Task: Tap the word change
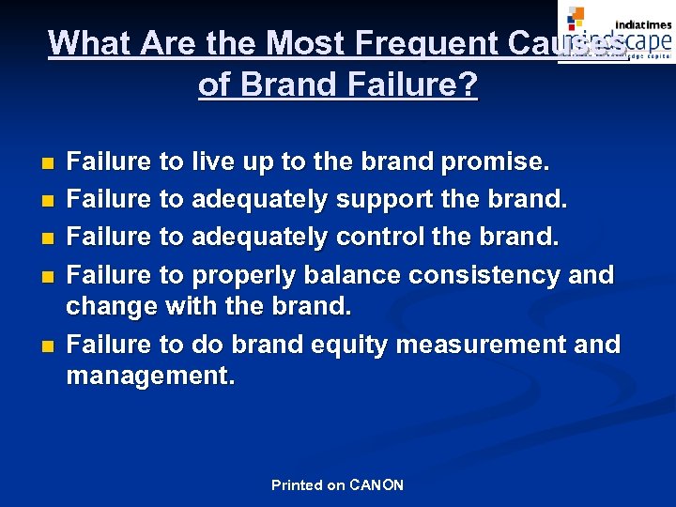111,307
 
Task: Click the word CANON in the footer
376,485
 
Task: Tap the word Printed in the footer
296,485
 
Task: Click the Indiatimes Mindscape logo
616,32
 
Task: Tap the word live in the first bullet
216,162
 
